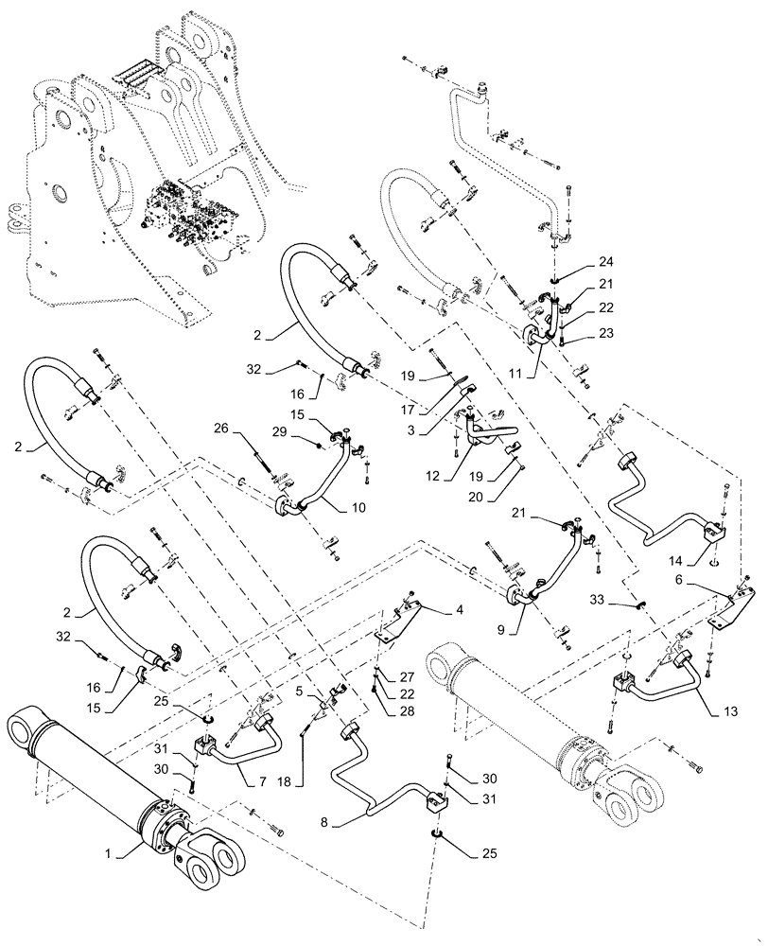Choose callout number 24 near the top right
point(605,260)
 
